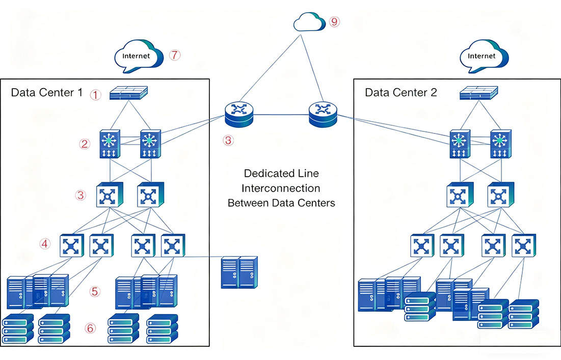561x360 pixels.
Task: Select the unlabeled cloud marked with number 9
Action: (x=310, y=22)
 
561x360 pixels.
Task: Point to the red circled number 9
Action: (x=334, y=22)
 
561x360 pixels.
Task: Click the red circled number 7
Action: (x=175, y=55)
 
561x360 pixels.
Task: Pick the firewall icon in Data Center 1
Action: (x=129, y=93)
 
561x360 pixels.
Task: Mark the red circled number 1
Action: (x=94, y=94)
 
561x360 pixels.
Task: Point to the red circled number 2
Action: (x=85, y=144)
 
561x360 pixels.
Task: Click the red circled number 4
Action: (x=45, y=244)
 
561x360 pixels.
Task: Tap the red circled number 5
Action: (x=94, y=291)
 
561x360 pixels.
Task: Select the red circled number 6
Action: (x=90, y=328)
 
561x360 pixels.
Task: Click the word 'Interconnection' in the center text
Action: (x=281, y=188)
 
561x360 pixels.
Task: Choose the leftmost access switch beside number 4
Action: (x=71, y=246)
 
